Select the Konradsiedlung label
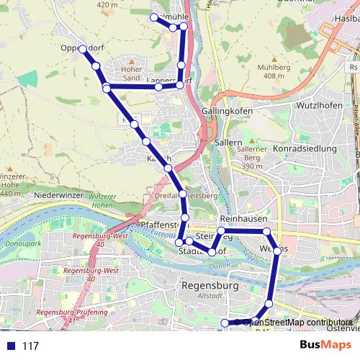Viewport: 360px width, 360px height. point(301,148)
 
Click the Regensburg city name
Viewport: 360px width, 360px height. point(211,285)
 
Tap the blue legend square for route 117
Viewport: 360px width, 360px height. point(10,346)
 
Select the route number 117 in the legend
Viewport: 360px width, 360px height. point(30,346)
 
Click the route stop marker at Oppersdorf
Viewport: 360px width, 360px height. point(83,49)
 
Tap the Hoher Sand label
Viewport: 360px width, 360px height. point(132,73)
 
